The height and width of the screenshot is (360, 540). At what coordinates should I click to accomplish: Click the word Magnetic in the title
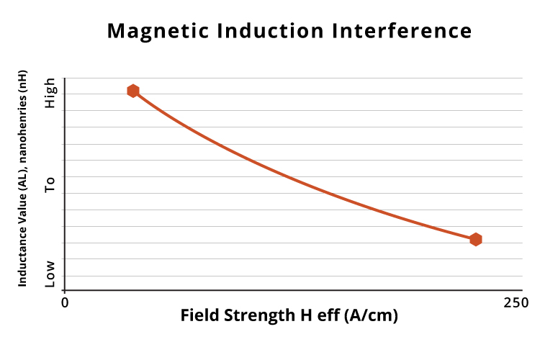(158, 32)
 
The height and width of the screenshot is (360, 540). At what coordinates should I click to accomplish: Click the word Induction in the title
(270, 31)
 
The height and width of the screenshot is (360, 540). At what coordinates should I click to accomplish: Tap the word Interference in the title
(402, 31)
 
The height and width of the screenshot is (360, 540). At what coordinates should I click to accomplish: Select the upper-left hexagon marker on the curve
(133, 91)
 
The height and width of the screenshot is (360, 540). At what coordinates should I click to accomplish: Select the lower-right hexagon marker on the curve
(476, 239)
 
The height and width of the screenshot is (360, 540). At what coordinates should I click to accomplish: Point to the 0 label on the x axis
(65, 303)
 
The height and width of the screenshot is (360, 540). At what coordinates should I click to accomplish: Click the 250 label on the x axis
(516, 303)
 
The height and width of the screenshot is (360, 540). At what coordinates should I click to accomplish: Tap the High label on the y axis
(50, 93)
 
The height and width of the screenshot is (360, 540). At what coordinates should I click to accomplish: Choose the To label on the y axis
(50, 185)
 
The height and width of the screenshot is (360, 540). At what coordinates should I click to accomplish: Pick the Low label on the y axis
(50, 274)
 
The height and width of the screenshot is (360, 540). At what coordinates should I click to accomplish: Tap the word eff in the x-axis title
(328, 315)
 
